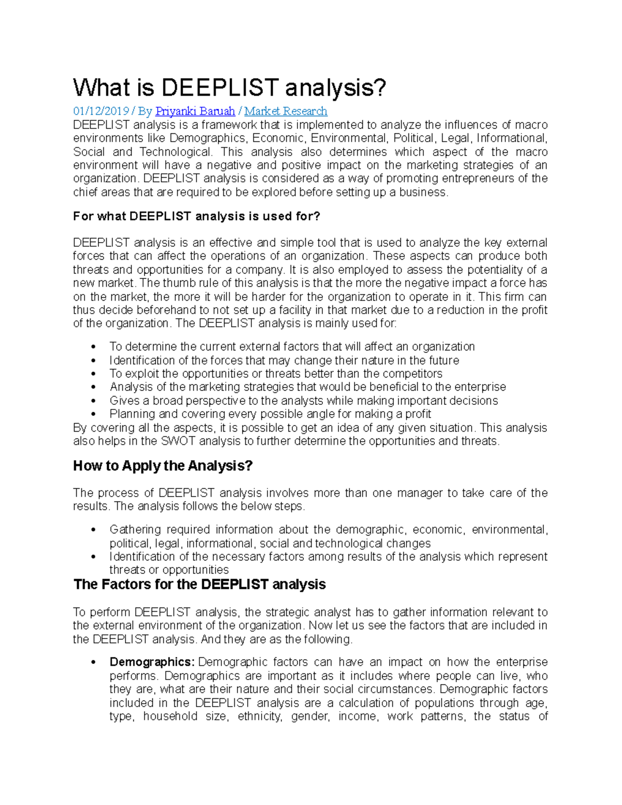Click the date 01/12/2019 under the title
pos(101,111)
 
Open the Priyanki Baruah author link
pos(195,111)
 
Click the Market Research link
pos(286,111)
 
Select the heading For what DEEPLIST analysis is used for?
pos(197,217)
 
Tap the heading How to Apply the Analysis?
pos(163,466)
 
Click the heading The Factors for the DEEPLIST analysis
pos(200,585)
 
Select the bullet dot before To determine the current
pos(93,347)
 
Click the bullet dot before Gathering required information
pos(93,530)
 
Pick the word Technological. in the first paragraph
pos(176,152)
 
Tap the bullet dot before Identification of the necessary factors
pos(93,557)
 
